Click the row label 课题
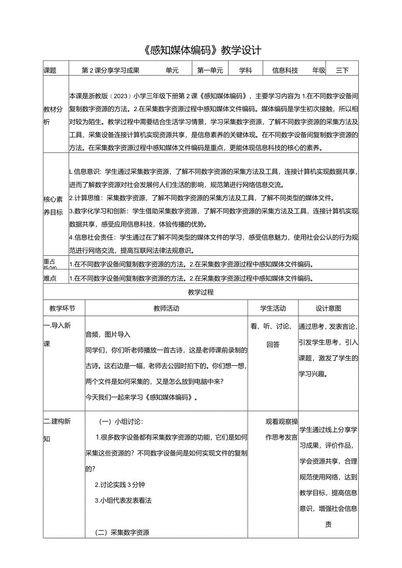pos(50,70)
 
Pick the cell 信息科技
pos(285,70)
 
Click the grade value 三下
pos(342,70)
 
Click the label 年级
pos(319,70)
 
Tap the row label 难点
pos(50,278)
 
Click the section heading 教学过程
pos(201,292)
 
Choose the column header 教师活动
pos(166,308)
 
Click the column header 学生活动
pos(273,308)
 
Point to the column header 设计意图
pos(329,308)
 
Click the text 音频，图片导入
pos(108,334)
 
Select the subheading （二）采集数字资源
pos(122,532)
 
